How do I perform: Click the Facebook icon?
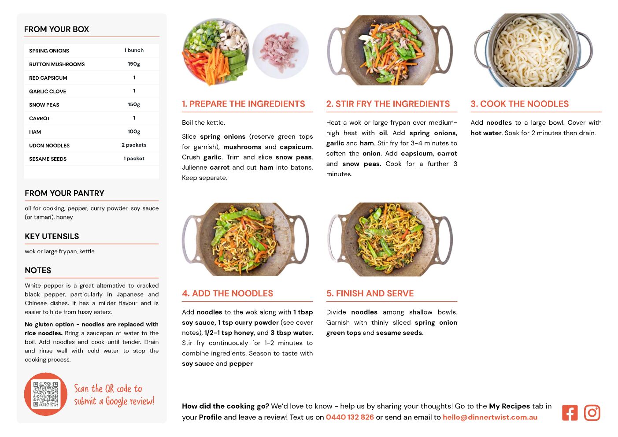(570, 413)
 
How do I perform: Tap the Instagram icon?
(592, 413)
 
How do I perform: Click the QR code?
(46, 394)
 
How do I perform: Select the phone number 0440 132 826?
(350, 417)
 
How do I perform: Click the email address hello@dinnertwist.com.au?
(490, 417)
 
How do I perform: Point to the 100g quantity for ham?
(134, 132)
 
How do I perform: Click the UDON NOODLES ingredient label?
(49, 145)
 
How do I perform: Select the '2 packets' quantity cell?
(134, 145)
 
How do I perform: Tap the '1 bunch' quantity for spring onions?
(134, 50)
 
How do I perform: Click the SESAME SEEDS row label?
(48, 159)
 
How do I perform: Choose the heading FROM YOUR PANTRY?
(65, 193)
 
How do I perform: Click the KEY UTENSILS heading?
(52, 237)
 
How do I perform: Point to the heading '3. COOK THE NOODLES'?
(519, 104)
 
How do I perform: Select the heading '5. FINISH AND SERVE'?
(370, 293)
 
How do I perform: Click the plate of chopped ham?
(280, 51)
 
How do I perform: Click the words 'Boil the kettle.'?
(204, 122)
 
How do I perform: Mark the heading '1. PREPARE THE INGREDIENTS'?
(243, 104)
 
